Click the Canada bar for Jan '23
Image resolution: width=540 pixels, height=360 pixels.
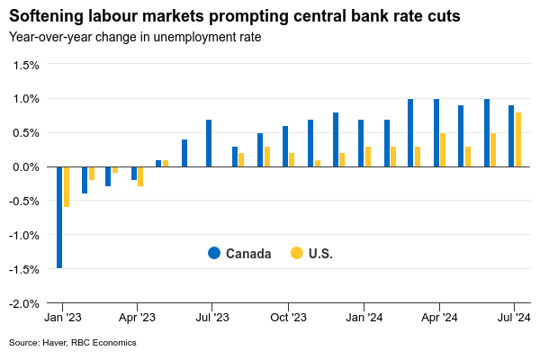pos(59,217)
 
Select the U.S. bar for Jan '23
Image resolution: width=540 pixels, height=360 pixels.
pos(67,187)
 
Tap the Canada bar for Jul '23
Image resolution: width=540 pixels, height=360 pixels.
pos(209,143)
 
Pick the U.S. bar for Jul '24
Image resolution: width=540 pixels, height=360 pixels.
pos(518,139)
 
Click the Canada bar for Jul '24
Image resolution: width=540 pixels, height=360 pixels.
pos(511,136)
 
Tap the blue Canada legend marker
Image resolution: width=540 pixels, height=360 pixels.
pos(213,254)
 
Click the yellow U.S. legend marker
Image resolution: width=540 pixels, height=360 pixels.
pos(296,254)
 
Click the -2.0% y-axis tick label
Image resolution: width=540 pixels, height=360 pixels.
pos(24,303)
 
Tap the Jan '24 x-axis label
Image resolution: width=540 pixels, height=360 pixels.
pos(362,318)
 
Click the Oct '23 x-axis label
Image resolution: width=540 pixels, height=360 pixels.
pos(289,318)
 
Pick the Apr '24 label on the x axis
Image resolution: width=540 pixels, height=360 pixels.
pos(438,318)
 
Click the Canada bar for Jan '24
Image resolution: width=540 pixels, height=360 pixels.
pos(361,143)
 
